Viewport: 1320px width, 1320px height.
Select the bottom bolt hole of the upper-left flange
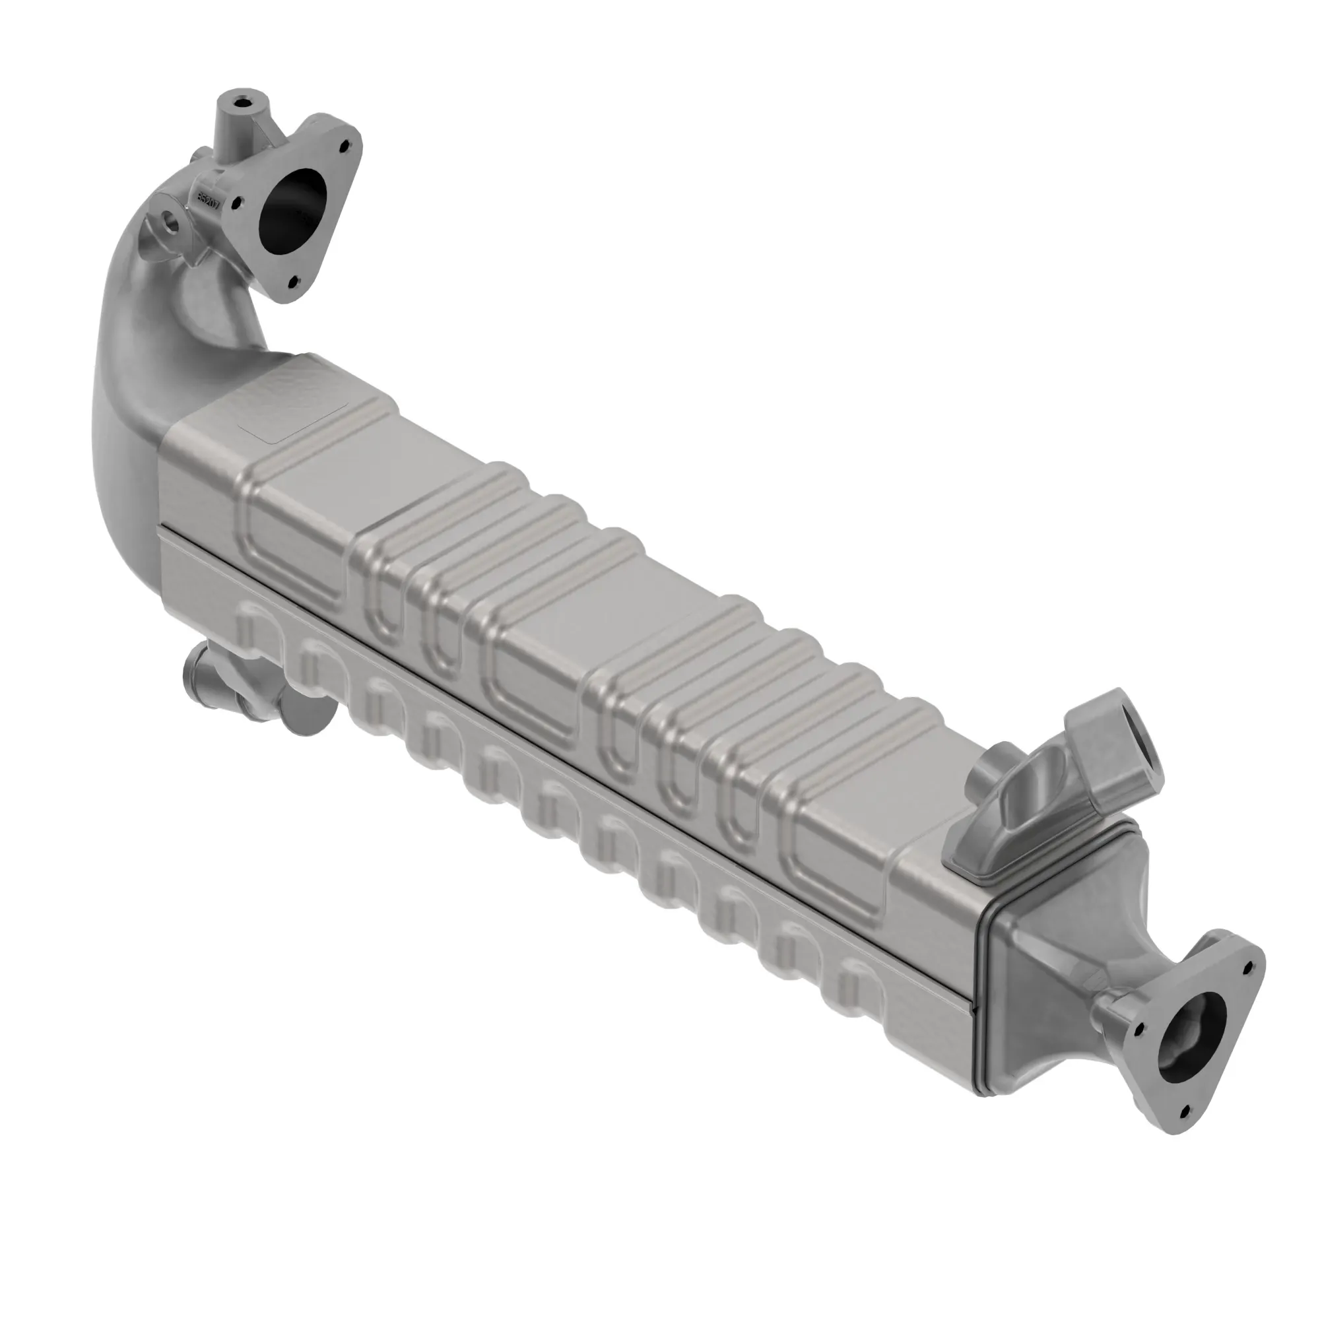[x=294, y=280]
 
